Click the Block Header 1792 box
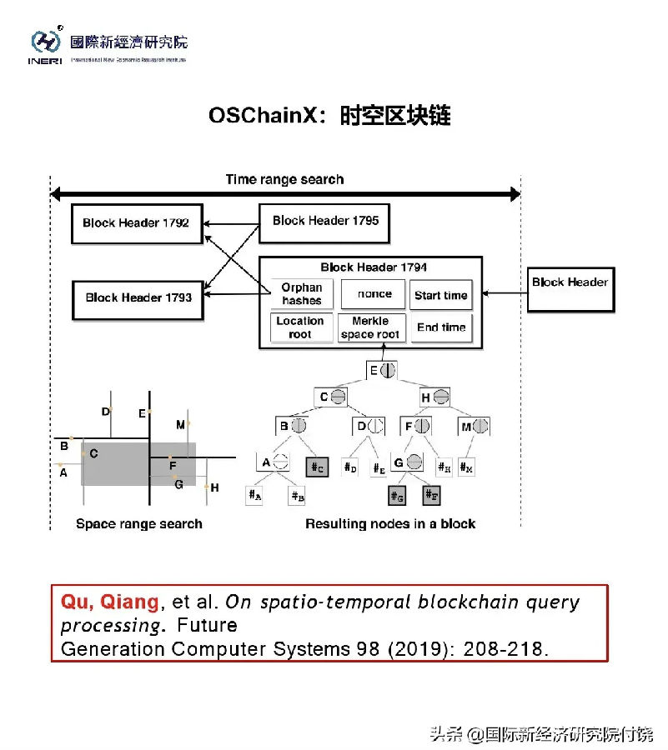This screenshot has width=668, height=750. click(x=137, y=223)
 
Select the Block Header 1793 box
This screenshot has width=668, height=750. click(x=138, y=297)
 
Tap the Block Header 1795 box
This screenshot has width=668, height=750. click(x=325, y=221)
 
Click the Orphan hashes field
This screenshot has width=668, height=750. click(x=301, y=294)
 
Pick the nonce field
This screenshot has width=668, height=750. click(x=374, y=294)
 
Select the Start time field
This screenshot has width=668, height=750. click(x=441, y=295)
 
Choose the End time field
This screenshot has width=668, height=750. click(x=441, y=327)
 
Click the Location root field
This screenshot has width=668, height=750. click(x=300, y=327)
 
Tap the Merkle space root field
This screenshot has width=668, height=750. click(x=370, y=327)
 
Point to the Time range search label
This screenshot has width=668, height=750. click(x=284, y=179)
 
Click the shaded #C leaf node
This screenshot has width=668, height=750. click(x=317, y=467)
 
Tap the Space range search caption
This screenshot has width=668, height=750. click(x=139, y=524)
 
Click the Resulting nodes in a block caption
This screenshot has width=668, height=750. click(x=390, y=524)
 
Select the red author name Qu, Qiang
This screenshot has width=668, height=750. click(x=109, y=602)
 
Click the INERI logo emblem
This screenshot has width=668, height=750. click(x=46, y=42)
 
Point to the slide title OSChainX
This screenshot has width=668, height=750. click(x=264, y=115)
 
